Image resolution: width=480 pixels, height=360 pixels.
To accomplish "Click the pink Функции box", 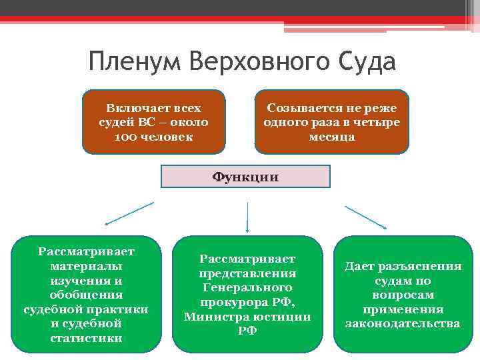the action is (246, 177).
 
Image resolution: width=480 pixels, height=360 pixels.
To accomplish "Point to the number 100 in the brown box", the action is (125, 137).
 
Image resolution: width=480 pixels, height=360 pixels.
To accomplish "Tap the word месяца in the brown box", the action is (332, 137).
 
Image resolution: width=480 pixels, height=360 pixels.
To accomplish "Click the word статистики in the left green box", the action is (86, 338).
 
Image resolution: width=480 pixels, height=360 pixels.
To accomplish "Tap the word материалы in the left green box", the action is (86, 266).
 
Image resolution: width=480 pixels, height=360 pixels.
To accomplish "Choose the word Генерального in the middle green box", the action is (247, 287).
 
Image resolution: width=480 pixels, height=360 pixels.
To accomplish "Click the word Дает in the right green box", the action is (358, 266).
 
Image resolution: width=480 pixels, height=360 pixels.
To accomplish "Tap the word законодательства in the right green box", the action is (403, 324).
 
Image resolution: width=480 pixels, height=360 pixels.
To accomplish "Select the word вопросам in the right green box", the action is (403, 295).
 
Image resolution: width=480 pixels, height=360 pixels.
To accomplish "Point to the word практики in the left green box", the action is (118, 309).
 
